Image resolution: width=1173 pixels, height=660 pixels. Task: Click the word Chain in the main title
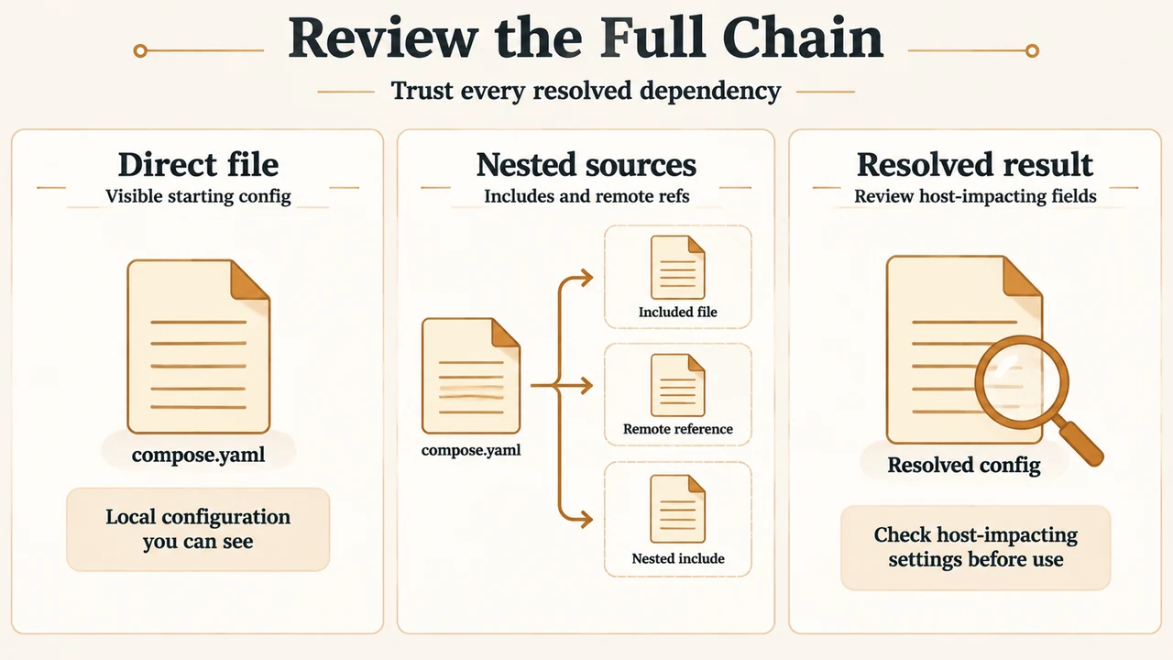(803, 38)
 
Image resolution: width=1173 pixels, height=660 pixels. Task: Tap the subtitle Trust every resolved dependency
(586, 91)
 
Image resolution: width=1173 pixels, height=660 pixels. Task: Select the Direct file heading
(198, 164)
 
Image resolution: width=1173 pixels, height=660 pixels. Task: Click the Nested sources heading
(586, 164)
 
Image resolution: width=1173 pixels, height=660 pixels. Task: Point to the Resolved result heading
(974, 164)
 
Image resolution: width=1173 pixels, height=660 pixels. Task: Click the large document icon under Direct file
(199, 346)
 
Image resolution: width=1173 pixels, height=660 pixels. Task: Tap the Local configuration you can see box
(198, 529)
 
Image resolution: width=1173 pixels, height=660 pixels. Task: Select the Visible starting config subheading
(198, 196)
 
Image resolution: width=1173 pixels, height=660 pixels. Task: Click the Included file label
(677, 313)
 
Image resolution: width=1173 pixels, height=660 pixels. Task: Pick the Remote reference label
(677, 429)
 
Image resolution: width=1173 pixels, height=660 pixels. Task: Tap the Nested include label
(677, 558)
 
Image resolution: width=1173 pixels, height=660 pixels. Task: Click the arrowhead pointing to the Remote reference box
(586, 386)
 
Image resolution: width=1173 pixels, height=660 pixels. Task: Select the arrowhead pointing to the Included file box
(586, 278)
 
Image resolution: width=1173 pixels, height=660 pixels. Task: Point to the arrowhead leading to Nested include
(586, 520)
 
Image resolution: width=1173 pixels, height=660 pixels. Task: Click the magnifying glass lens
(1022, 382)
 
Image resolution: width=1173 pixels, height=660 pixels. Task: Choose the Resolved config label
(963, 465)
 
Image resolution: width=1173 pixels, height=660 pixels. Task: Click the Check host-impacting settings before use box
(975, 547)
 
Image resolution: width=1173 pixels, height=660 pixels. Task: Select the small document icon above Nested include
(677, 509)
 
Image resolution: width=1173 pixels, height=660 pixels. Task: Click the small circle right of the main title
(1032, 50)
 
